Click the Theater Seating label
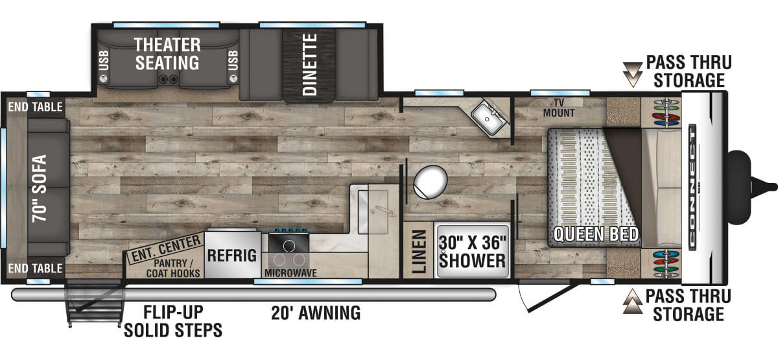(167, 54)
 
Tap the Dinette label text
(310, 64)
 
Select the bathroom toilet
(430, 182)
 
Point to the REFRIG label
(232, 256)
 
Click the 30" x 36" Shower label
(473, 252)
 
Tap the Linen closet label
(419, 251)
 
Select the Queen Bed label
(596, 234)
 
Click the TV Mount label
(559, 108)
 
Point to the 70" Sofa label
(40, 188)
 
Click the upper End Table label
(36, 107)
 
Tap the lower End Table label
(36, 269)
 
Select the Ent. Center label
(167, 248)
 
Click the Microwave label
(290, 273)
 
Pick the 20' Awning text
(316, 313)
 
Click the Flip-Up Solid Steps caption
(173, 321)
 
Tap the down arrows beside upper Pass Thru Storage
(633, 75)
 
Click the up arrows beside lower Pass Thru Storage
(633, 302)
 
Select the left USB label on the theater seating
(104, 60)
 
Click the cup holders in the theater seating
(167, 79)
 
